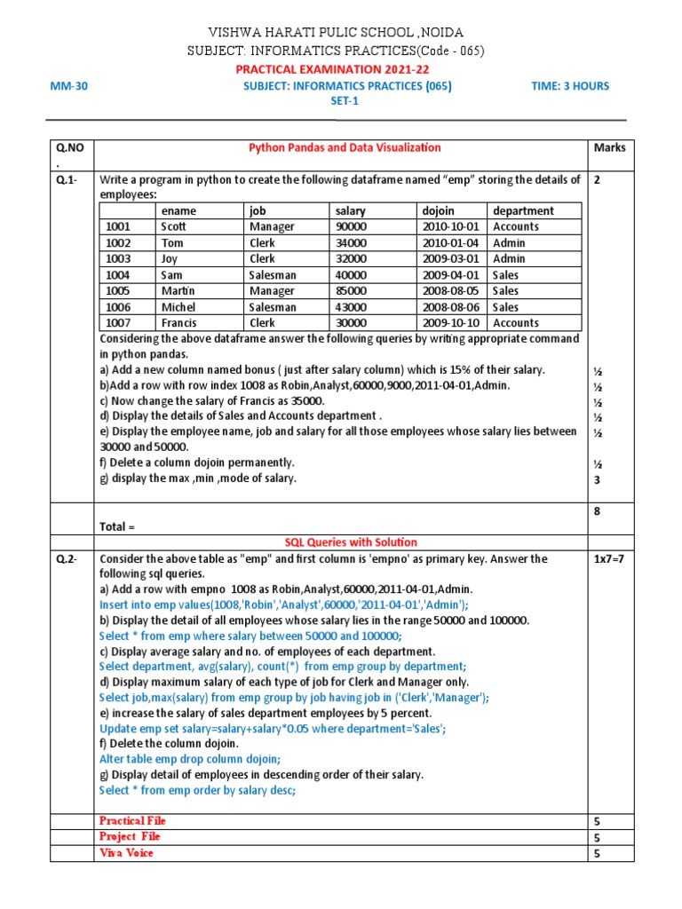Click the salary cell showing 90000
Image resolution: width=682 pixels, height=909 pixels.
pos(351,227)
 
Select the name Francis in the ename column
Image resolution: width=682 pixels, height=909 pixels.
pos(179,323)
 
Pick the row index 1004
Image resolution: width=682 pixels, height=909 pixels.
pos(118,275)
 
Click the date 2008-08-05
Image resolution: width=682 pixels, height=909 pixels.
pos(451,291)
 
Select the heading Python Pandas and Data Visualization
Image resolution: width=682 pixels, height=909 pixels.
pos(344,148)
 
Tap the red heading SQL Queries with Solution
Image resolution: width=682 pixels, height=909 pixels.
pos(350,542)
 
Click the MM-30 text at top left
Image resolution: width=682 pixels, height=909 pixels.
pos(70,86)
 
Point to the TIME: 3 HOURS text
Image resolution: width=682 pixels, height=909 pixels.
pos(568,86)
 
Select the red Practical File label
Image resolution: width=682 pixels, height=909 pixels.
pos(132,821)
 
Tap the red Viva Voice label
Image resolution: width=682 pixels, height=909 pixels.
pos(126,853)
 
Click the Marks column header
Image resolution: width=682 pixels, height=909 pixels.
pos(609,148)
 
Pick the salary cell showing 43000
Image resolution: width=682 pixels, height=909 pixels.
pos(351,307)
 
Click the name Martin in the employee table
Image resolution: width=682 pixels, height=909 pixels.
pos(178,291)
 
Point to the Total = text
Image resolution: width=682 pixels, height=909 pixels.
pos(117,527)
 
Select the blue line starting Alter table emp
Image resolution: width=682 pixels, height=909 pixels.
pos(189,759)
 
